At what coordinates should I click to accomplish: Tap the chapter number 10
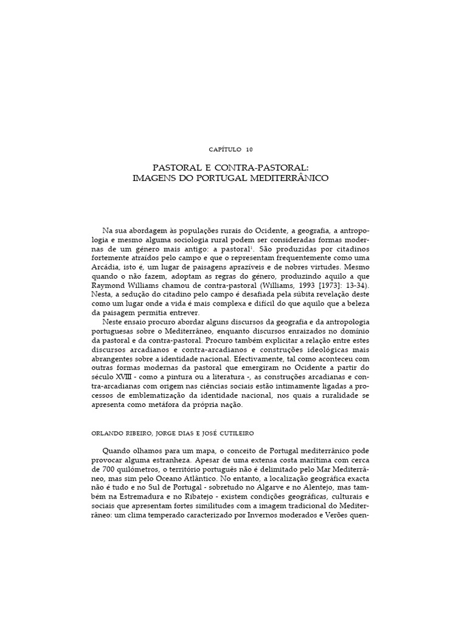(x=249, y=149)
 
